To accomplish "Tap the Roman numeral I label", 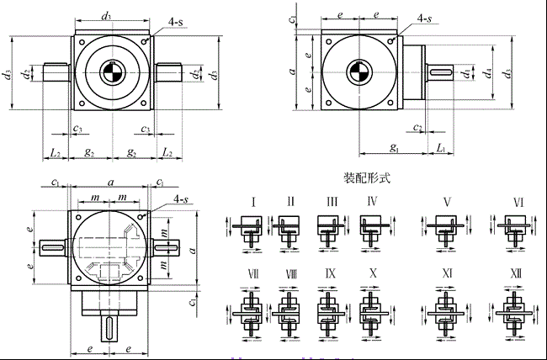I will tap(253, 202).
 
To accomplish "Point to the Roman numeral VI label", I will tap(518, 202).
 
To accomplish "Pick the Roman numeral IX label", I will tap(330, 273).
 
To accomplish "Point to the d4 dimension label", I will tap(488, 72).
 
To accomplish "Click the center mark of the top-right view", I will tap(358, 72).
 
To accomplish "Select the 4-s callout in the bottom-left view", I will tap(180, 199).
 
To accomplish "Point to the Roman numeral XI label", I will tap(447, 273).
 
